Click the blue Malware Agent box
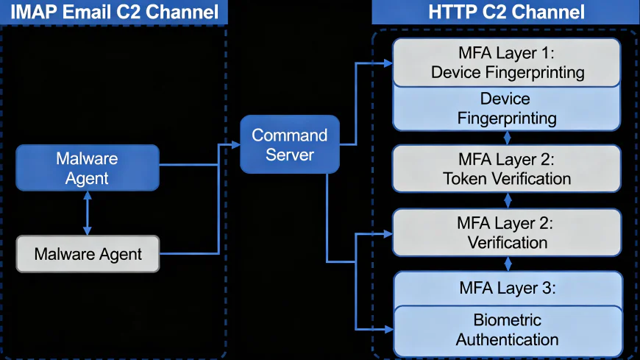coord(87,168)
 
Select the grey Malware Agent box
coord(88,254)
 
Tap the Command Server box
coord(289,144)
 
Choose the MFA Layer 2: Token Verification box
coord(506,169)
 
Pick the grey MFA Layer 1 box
coord(506,63)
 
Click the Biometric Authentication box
coord(506,330)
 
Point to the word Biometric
coord(507,320)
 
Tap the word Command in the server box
coord(289,135)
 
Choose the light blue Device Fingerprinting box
coord(506,108)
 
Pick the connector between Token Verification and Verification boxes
coord(506,200)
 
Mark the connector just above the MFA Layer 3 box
coord(506,264)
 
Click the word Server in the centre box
coord(289,155)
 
